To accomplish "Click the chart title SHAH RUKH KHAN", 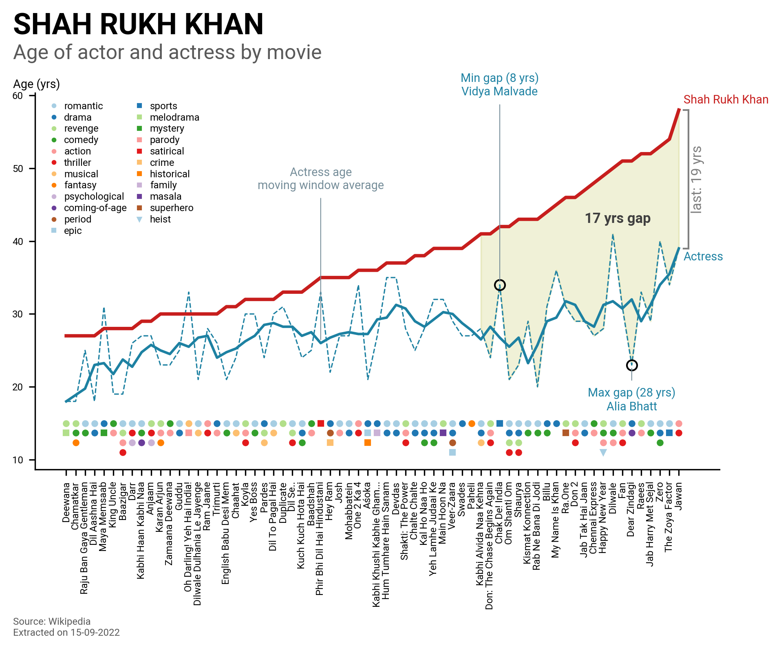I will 138,24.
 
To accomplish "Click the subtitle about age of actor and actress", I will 167,53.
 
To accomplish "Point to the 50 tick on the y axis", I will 18,169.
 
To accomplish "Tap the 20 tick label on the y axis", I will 18,387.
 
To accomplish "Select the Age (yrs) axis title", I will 36,84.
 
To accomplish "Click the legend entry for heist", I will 160,219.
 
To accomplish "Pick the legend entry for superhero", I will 171,208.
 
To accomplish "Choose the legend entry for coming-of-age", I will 95,208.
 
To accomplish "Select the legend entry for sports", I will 163,106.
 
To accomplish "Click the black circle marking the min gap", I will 500,285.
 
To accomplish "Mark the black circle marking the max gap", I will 632,365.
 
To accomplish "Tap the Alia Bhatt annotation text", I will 631,406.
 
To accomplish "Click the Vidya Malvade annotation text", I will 499,91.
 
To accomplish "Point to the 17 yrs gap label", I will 618,218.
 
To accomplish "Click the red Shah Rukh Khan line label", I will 726,99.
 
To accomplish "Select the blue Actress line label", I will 703,256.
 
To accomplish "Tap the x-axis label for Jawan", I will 679,496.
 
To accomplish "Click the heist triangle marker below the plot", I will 603,452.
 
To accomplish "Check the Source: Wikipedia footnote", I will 52,621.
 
